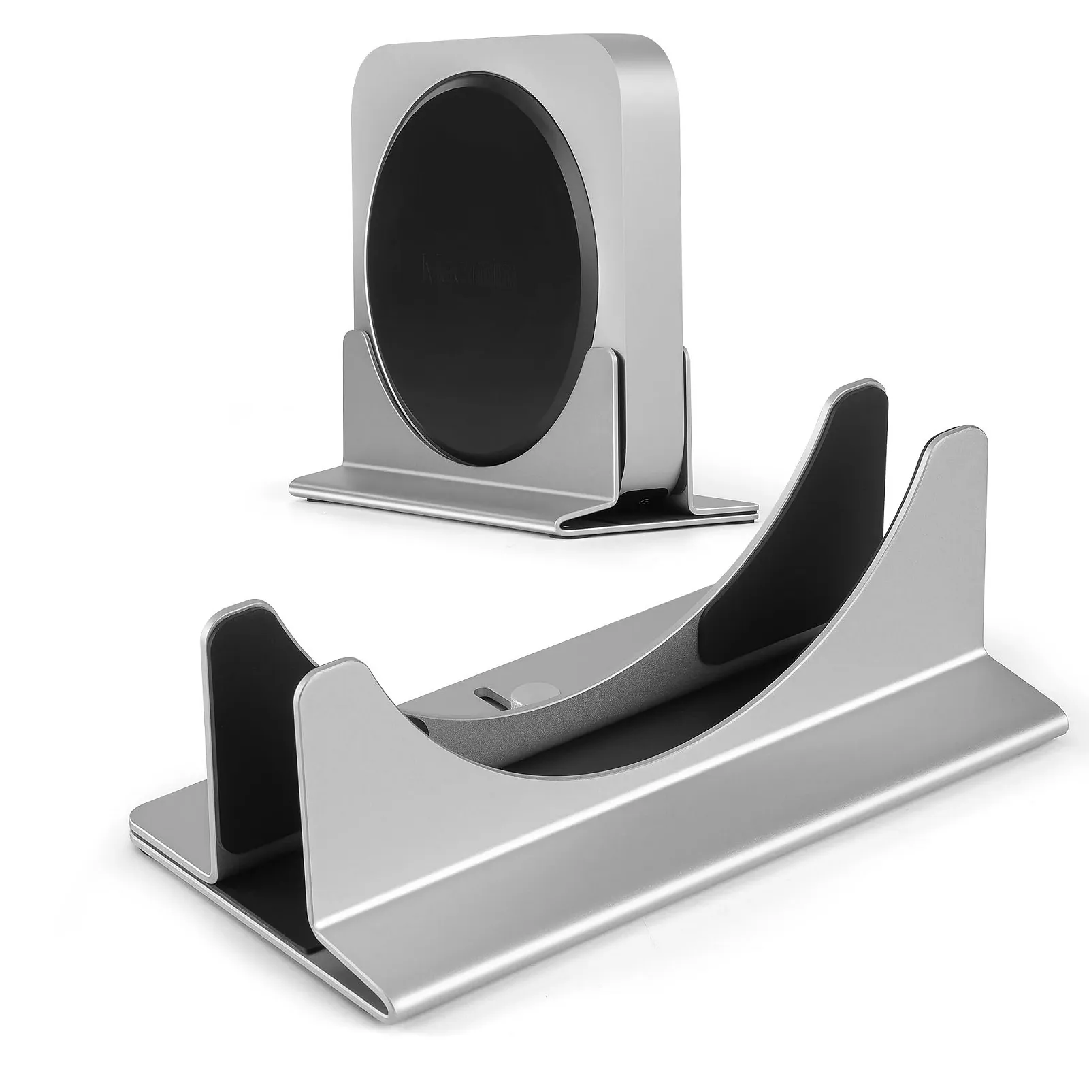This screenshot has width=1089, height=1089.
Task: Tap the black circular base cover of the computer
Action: click(x=470, y=327)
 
